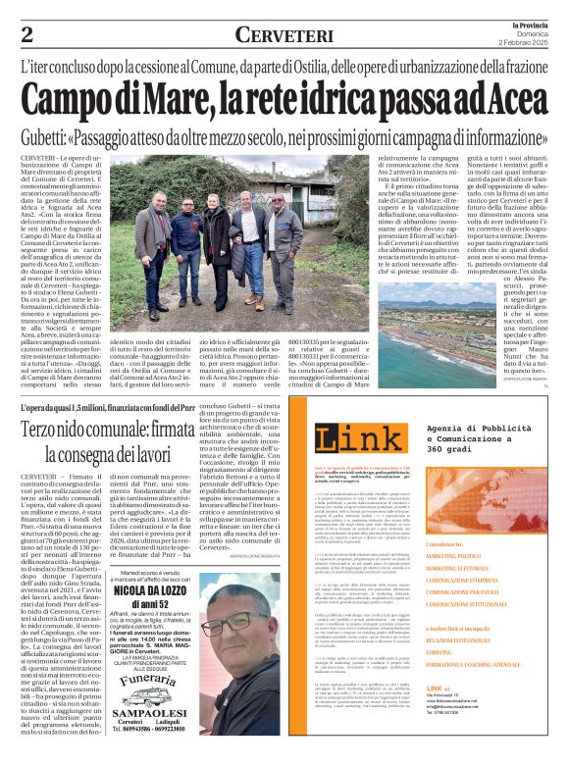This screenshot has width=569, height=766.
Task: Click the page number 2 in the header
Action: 26,35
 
